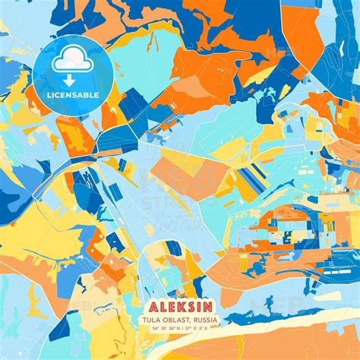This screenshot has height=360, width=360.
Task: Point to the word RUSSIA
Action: (x=205, y=321)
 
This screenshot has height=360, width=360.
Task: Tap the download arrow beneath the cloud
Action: (x=74, y=80)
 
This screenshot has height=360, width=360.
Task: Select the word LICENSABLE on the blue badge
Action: (x=74, y=94)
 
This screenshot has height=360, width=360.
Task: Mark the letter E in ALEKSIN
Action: (x=169, y=309)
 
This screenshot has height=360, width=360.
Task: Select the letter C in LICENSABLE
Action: (x=59, y=94)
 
